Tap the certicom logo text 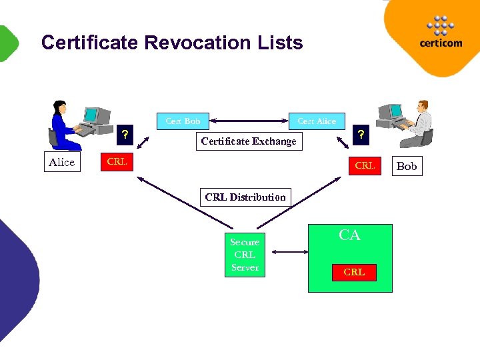tap(441, 43)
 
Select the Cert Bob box tap(183, 121)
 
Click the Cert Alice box tap(317, 121)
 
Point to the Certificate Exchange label tap(249, 141)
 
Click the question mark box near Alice tap(124, 135)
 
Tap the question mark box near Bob tap(361, 135)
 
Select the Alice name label tap(62, 163)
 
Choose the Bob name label tap(406, 166)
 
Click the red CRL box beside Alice tap(117, 162)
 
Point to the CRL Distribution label tap(245, 197)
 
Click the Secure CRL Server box tap(245, 255)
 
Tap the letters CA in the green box tap(349, 235)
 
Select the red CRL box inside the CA tap(354, 272)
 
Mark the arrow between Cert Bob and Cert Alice tap(249, 121)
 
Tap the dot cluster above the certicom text tap(440, 25)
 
